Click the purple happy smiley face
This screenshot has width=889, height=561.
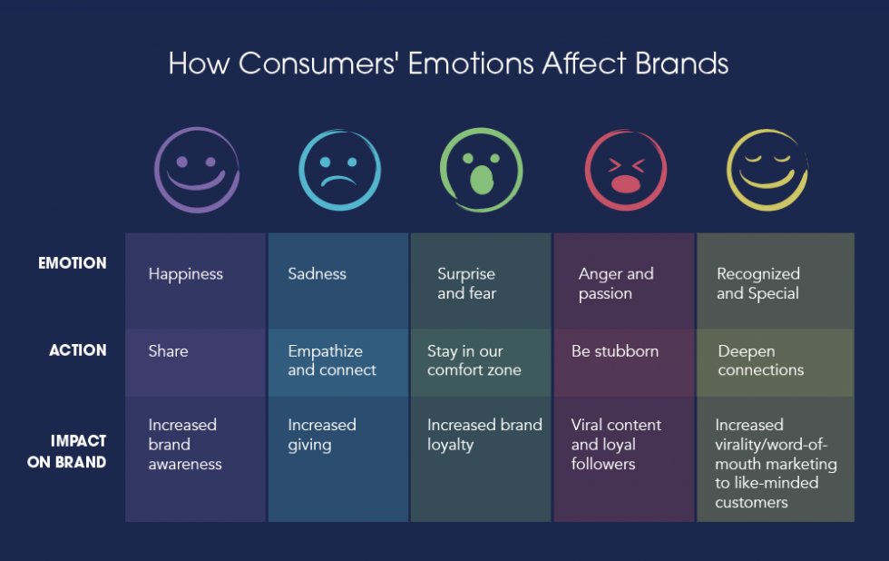point(197,170)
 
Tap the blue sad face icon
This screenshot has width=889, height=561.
point(339,170)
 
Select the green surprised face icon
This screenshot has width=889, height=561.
point(482,170)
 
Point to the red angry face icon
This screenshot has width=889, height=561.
point(626,170)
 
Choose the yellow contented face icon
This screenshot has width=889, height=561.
point(767,170)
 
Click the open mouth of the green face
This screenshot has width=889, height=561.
point(482,180)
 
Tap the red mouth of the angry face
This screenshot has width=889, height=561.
point(625,183)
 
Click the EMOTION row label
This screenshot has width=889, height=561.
point(72,263)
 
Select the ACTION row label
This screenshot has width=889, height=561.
point(78,350)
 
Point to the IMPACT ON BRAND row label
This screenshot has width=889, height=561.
point(67,451)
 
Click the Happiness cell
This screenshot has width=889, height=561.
point(196,280)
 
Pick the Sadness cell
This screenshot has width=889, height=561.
point(338,280)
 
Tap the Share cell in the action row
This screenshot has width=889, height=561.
point(196,362)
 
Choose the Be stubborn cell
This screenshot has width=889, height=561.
point(624,362)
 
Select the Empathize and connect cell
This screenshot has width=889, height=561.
point(338,362)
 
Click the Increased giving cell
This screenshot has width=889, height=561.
point(338,459)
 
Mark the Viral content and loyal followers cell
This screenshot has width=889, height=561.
point(624,459)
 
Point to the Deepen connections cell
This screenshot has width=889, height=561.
point(776,362)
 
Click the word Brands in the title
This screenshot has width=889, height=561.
point(681,63)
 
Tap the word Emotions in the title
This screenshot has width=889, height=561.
point(471,63)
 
